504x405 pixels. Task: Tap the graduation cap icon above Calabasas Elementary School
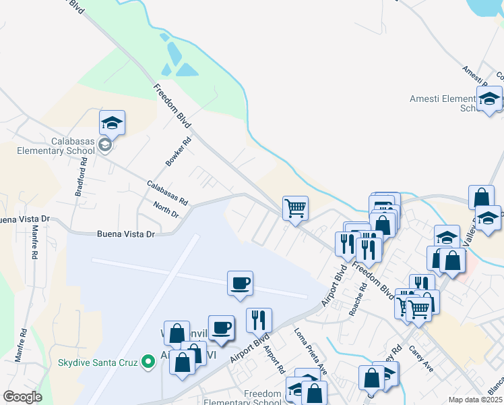pos(113,123)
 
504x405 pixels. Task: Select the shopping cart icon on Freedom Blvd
pos(295,207)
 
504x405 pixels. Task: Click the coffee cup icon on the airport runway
pos(240,283)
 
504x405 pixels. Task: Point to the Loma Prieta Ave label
pos(311,347)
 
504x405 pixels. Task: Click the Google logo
pos(22,397)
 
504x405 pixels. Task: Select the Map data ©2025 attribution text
pos(475,400)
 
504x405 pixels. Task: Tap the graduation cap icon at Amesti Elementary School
pos(489,99)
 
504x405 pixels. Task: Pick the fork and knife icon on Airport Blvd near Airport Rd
pos(258,319)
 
